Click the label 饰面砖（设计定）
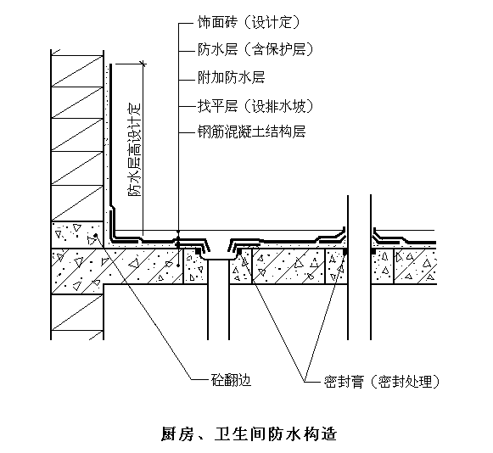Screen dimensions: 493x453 [x=249, y=22]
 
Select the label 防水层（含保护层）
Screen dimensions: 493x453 [x=255, y=50]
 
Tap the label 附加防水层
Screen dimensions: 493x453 [x=231, y=77]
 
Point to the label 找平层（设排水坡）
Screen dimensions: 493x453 [x=255, y=106]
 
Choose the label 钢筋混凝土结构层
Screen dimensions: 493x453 [x=251, y=131]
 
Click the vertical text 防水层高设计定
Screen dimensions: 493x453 [x=135, y=150]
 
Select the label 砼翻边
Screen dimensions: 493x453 [x=231, y=380]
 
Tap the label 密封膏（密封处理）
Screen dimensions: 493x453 [x=382, y=382]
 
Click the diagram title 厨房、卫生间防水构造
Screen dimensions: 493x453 [x=249, y=434]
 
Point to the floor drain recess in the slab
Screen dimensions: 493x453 [x=219, y=255]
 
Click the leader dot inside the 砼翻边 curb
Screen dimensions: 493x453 [x=96, y=235]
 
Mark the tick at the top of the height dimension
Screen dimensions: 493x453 [x=143, y=64]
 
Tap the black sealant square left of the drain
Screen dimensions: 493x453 [x=199, y=251]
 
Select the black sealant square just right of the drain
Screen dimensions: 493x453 [x=239, y=251]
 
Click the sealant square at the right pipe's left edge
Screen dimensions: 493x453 [x=345, y=251]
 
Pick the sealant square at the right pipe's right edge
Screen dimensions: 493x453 [x=373, y=251]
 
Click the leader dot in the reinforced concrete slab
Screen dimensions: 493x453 [x=178, y=266]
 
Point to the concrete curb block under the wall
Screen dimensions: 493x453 [x=77, y=234]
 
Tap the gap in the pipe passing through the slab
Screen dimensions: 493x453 [x=360, y=267]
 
